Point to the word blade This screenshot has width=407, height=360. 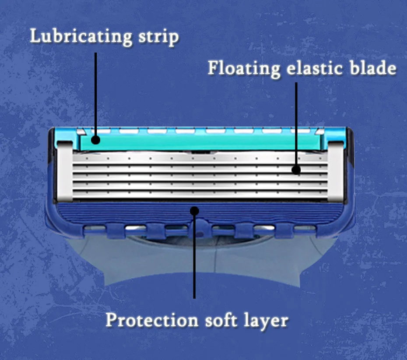point(373,68)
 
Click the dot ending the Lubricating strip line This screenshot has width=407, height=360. point(96,140)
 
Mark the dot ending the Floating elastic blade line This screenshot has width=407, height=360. point(296,170)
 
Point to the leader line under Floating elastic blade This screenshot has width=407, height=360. point(296,123)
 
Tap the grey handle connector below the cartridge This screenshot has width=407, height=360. point(131,258)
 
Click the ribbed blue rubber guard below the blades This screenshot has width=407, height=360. point(131,213)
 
